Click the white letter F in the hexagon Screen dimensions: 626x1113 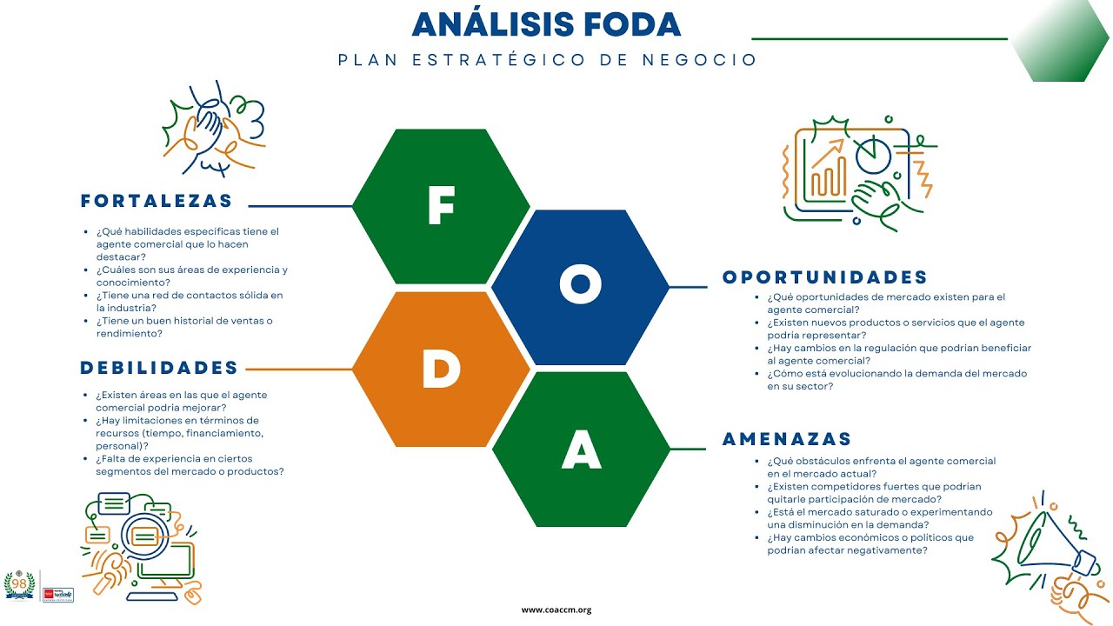point(441,207)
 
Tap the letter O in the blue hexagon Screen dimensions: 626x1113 point(581,287)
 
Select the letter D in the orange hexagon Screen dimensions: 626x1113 point(441,370)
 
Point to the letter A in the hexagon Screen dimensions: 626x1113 point(581,450)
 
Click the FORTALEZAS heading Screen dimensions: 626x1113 point(157,201)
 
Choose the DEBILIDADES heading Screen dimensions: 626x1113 point(159,368)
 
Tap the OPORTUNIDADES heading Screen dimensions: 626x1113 point(825,277)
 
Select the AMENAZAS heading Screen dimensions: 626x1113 point(787,439)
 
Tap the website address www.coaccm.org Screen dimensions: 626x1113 point(556,610)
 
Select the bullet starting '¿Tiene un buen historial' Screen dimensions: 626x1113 point(183,327)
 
